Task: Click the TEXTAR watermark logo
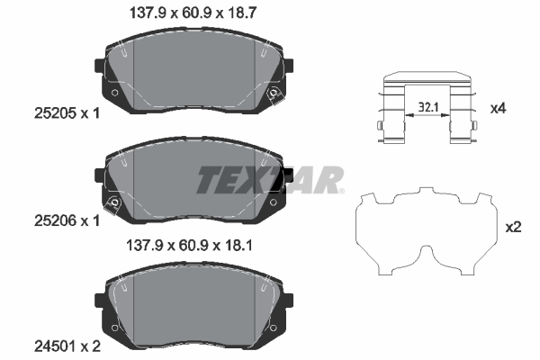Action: click(269, 179)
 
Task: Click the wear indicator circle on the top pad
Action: click(272, 94)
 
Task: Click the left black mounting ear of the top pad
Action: click(99, 66)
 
